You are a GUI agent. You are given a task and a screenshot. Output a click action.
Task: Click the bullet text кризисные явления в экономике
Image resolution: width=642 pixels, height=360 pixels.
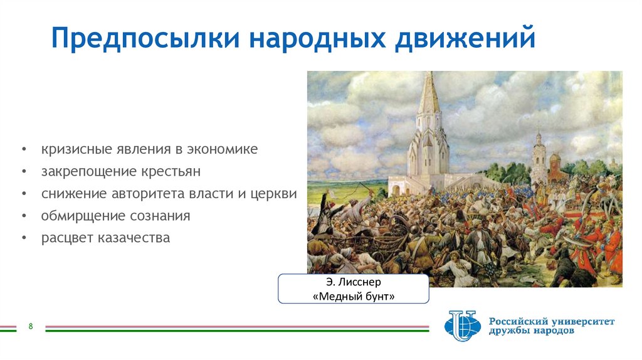[x=150, y=151]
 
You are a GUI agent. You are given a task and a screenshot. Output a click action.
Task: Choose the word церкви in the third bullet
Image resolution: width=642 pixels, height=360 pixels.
[x=276, y=194]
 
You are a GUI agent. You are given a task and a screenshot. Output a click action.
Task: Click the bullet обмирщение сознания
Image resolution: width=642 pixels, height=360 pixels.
[x=116, y=216]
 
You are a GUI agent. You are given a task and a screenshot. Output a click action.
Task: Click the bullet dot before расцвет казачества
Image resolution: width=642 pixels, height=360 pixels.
[x=24, y=239]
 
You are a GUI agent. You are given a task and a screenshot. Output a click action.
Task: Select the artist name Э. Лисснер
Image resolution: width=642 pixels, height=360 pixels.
[x=353, y=282]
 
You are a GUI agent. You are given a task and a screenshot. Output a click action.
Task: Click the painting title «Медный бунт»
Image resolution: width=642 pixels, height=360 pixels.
[x=353, y=297]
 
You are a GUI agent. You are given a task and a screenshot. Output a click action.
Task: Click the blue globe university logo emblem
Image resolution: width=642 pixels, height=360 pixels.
[x=462, y=326]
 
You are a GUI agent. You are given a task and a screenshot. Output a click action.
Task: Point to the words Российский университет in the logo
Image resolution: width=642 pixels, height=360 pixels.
[x=552, y=321]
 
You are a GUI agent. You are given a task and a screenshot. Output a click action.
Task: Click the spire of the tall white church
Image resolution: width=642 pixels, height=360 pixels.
[x=429, y=94]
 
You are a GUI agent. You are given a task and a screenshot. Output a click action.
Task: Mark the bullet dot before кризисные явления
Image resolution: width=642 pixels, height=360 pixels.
[x=24, y=151]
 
